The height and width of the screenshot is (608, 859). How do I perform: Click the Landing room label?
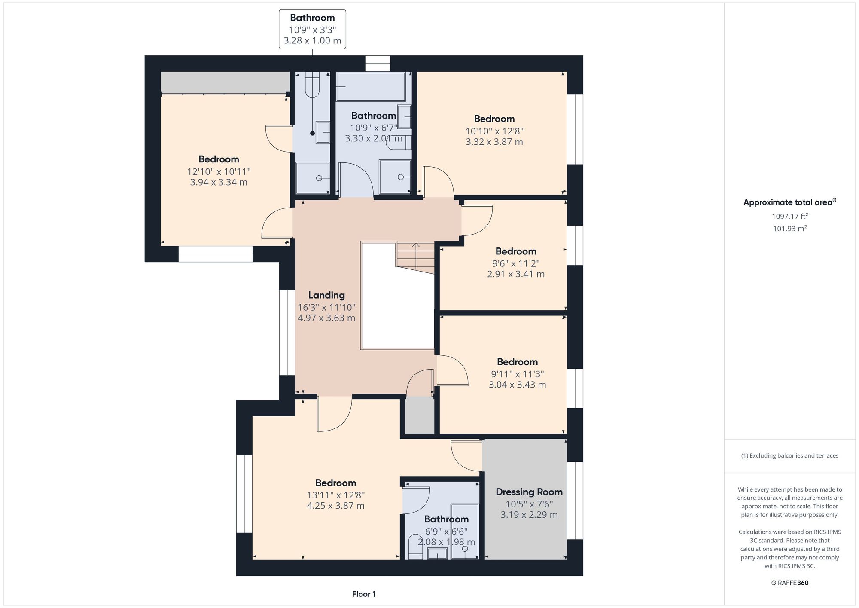click(x=326, y=295)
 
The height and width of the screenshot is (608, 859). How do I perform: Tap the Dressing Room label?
click(x=529, y=492)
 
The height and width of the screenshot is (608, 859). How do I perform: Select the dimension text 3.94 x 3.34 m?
click(x=219, y=182)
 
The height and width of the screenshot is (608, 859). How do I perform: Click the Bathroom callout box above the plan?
click(x=312, y=29)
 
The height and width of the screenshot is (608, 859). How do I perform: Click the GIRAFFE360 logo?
click(x=789, y=583)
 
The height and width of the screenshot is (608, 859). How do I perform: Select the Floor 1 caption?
click(x=364, y=594)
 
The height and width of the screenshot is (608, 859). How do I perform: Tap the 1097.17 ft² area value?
click(x=789, y=217)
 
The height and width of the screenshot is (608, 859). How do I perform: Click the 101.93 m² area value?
click(x=789, y=229)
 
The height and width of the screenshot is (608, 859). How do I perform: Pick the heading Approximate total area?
click(x=789, y=202)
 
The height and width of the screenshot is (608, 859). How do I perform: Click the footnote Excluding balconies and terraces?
click(x=789, y=456)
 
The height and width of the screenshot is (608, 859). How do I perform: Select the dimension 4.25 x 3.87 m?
click(x=335, y=506)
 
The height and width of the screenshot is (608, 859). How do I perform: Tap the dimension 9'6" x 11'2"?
click(x=516, y=263)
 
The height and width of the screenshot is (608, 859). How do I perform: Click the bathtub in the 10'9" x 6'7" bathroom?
click(x=370, y=86)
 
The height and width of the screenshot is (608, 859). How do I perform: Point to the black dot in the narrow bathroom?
click(x=312, y=133)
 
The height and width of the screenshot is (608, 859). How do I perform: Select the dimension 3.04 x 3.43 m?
click(x=517, y=385)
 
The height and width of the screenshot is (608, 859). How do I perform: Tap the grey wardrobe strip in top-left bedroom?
click(x=225, y=82)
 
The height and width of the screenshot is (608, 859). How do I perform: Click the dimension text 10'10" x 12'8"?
click(x=494, y=131)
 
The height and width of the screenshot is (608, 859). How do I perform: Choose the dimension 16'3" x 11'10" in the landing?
click(x=326, y=307)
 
